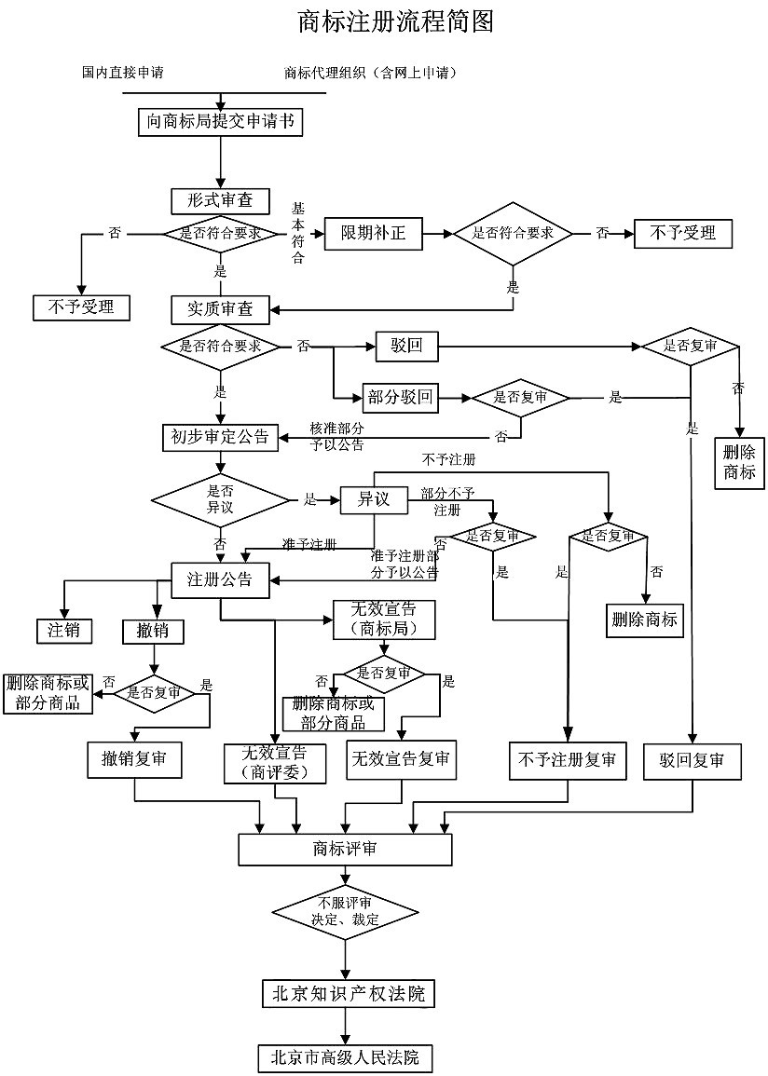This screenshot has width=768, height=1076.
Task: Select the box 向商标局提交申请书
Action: [220, 122]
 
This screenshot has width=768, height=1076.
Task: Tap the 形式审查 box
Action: [220, 201]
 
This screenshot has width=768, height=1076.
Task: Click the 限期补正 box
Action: [373, 233]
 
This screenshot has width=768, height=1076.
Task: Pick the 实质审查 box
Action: [220, 308]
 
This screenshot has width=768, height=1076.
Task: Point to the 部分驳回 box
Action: [400, 398]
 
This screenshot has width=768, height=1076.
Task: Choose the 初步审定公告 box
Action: [220, 436]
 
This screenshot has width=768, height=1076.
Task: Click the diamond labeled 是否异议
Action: [220, 499]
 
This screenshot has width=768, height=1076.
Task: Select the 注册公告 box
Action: [220, 579]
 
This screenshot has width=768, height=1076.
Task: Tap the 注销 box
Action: [64, 630]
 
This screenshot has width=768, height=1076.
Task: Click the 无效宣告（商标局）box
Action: [383, 620]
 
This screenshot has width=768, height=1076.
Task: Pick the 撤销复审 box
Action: [135, 759]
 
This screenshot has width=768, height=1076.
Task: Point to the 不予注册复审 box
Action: [567, 759]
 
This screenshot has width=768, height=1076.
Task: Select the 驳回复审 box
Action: [693, 760]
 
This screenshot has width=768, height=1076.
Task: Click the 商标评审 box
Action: [345, 849]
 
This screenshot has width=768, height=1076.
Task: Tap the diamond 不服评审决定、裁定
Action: [345, 911]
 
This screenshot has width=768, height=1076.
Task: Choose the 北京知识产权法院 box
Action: [348, 993]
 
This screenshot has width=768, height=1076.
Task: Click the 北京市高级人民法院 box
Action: [345, 1057]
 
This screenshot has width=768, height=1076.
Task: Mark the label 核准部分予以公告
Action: [337, 436]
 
